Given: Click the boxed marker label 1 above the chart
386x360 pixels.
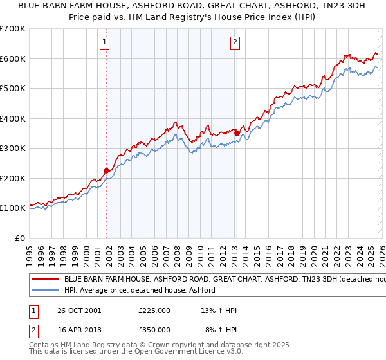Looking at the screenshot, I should point(104,43).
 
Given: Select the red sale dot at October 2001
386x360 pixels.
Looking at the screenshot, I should point(107,170).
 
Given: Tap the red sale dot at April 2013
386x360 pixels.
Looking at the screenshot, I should point(237,133).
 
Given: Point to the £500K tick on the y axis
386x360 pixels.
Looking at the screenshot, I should point(14,88).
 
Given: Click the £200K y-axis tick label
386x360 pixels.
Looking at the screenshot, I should point(14,178).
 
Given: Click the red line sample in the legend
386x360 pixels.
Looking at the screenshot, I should point(46,280).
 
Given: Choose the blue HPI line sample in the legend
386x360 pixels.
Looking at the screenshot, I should point(46,291).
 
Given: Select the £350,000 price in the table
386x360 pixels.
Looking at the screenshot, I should point(154,329).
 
